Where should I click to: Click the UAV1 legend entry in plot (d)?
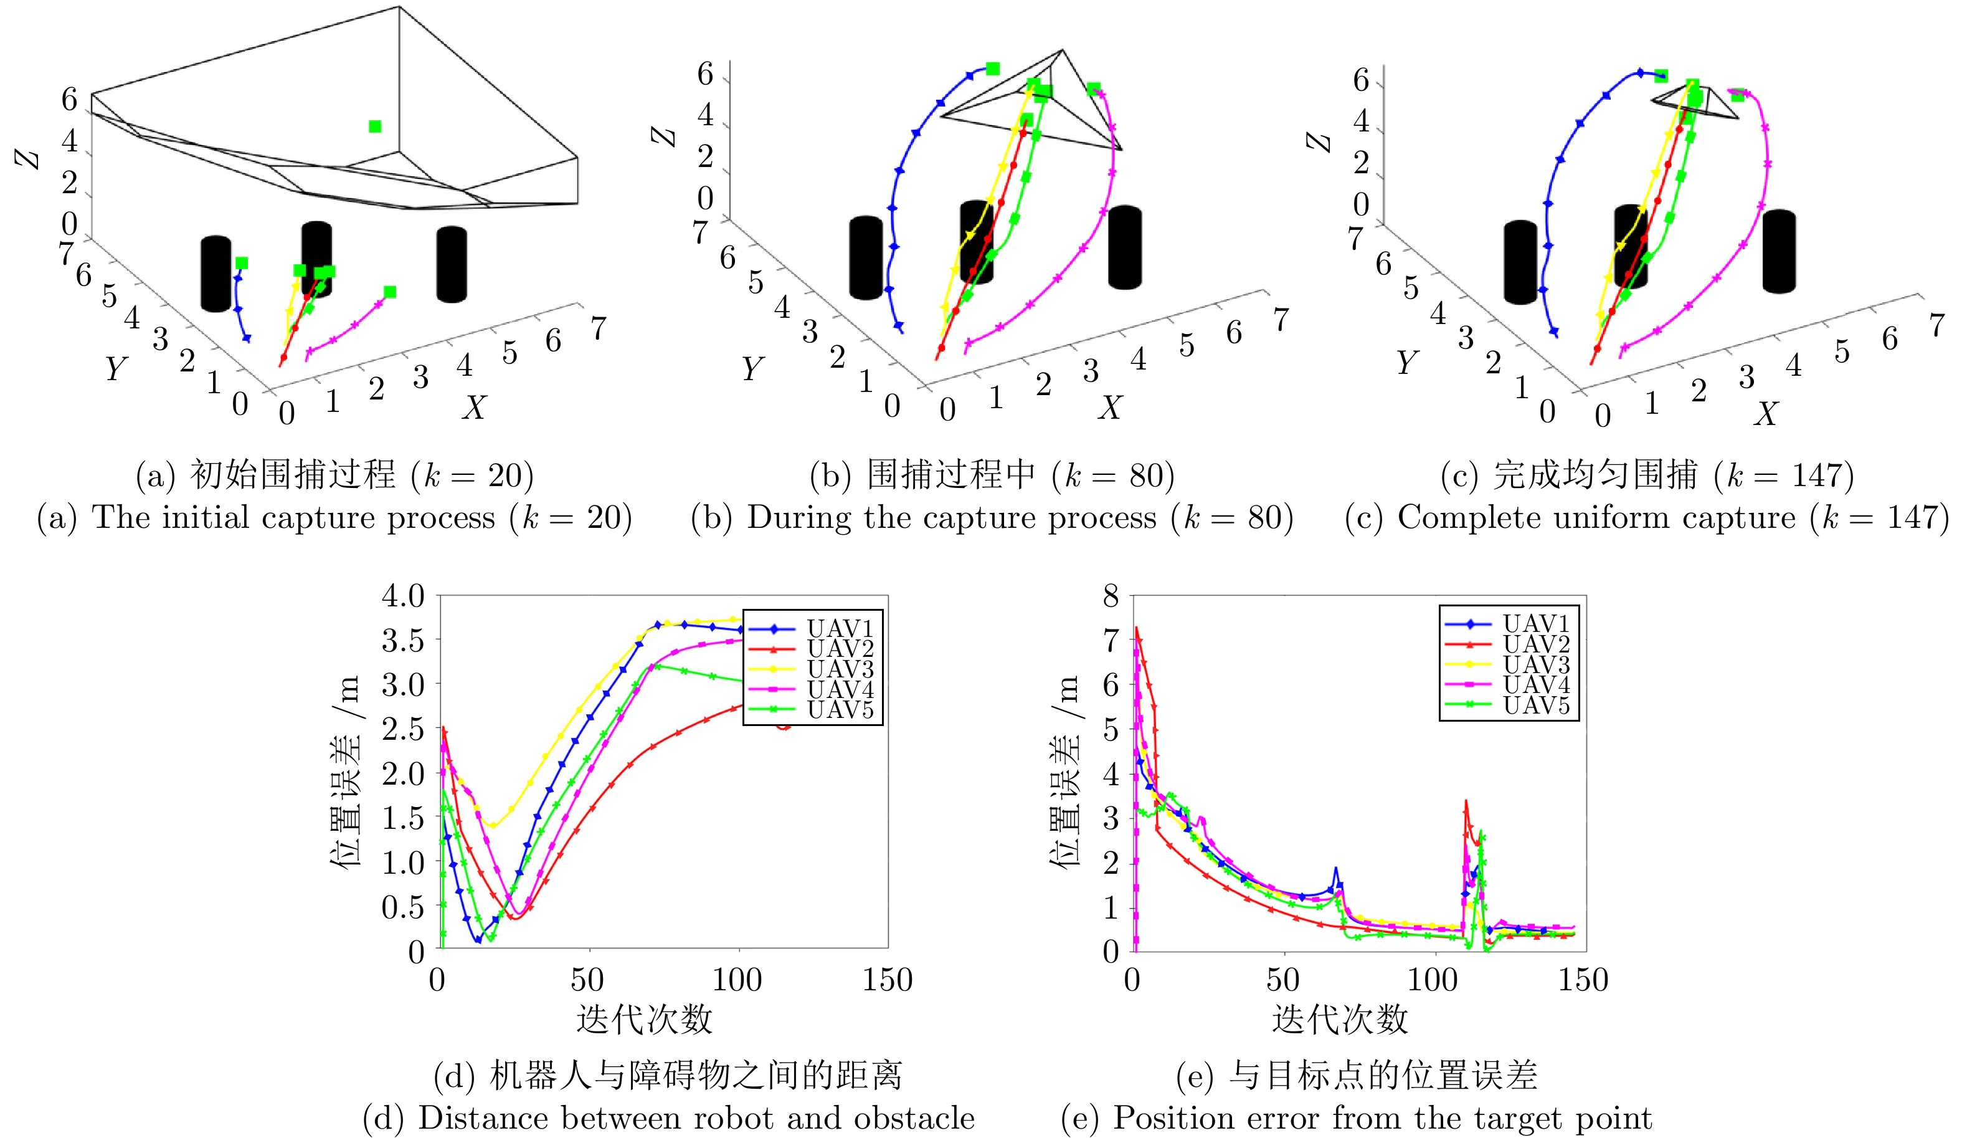coord(840,628)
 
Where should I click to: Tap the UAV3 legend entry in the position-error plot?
coord(1535,665)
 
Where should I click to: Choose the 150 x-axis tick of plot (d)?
coord(887,980)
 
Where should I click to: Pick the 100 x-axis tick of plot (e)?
coord(1433,980)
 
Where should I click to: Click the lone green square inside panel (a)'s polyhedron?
coord(374,126)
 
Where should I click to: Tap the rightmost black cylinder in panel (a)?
coord(452,264)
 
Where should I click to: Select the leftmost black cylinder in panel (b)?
coord(866,258)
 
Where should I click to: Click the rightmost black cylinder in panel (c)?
coord(1778,251)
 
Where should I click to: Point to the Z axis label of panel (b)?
coord(664,136)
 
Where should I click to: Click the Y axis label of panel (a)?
coord(115,368)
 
